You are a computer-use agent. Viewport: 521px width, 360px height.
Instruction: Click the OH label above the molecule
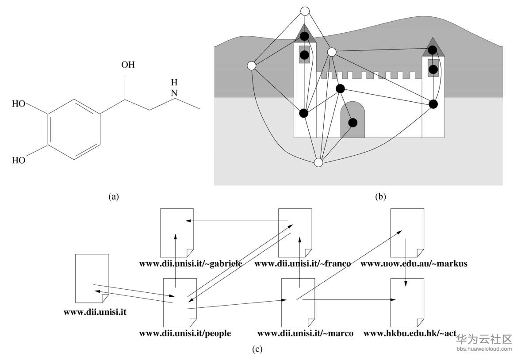click(128, 65)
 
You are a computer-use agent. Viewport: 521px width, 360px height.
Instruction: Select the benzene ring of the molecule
click(73, 128)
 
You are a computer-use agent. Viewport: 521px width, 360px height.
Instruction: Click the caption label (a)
click(114, 197)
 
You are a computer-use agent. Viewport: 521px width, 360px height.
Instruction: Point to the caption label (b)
click(380, 197)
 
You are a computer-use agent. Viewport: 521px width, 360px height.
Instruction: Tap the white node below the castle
click(318, 162)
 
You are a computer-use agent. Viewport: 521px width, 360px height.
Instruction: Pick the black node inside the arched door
click(352, 123)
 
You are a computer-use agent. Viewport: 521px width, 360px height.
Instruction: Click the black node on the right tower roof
click(433, 50)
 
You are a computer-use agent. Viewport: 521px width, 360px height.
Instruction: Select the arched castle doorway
click(352, 119)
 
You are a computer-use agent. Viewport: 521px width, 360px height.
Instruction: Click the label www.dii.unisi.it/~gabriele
click(190, 264)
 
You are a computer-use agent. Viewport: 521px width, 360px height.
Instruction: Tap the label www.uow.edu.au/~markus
click(414, 264)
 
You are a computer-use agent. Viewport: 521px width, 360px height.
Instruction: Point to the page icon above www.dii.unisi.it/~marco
click(298, 302)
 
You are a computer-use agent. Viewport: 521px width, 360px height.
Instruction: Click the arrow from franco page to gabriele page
click(237, 221)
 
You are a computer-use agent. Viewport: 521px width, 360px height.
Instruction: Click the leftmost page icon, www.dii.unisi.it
click(92, 278)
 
